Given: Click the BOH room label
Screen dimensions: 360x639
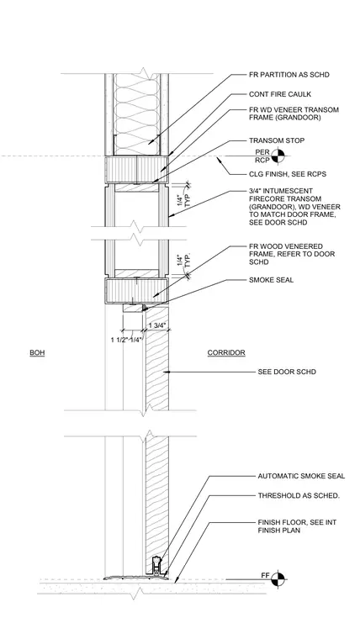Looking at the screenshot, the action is click(37, 352).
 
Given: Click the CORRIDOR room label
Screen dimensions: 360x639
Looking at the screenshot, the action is click(226, 352).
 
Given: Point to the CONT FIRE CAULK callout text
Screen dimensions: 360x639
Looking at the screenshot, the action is click(280, 94).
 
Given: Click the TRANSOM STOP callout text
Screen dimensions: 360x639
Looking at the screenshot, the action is click(277, 140).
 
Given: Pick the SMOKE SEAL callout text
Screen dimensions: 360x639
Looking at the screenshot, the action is click(271, 280).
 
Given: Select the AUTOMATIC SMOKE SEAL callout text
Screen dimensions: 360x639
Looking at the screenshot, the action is click(301, 476).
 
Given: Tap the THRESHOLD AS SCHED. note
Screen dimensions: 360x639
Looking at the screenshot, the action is click(299, 495).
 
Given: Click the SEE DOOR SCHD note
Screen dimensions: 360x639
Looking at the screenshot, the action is click(287, 372).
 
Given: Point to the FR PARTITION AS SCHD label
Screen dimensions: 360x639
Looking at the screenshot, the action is click(289, 75).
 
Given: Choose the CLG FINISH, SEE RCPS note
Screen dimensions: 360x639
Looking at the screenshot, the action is click(288, 174).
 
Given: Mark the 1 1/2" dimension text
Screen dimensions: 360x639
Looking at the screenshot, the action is click(119, 341).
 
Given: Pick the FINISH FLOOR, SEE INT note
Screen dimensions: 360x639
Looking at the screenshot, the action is click(297, 522).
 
